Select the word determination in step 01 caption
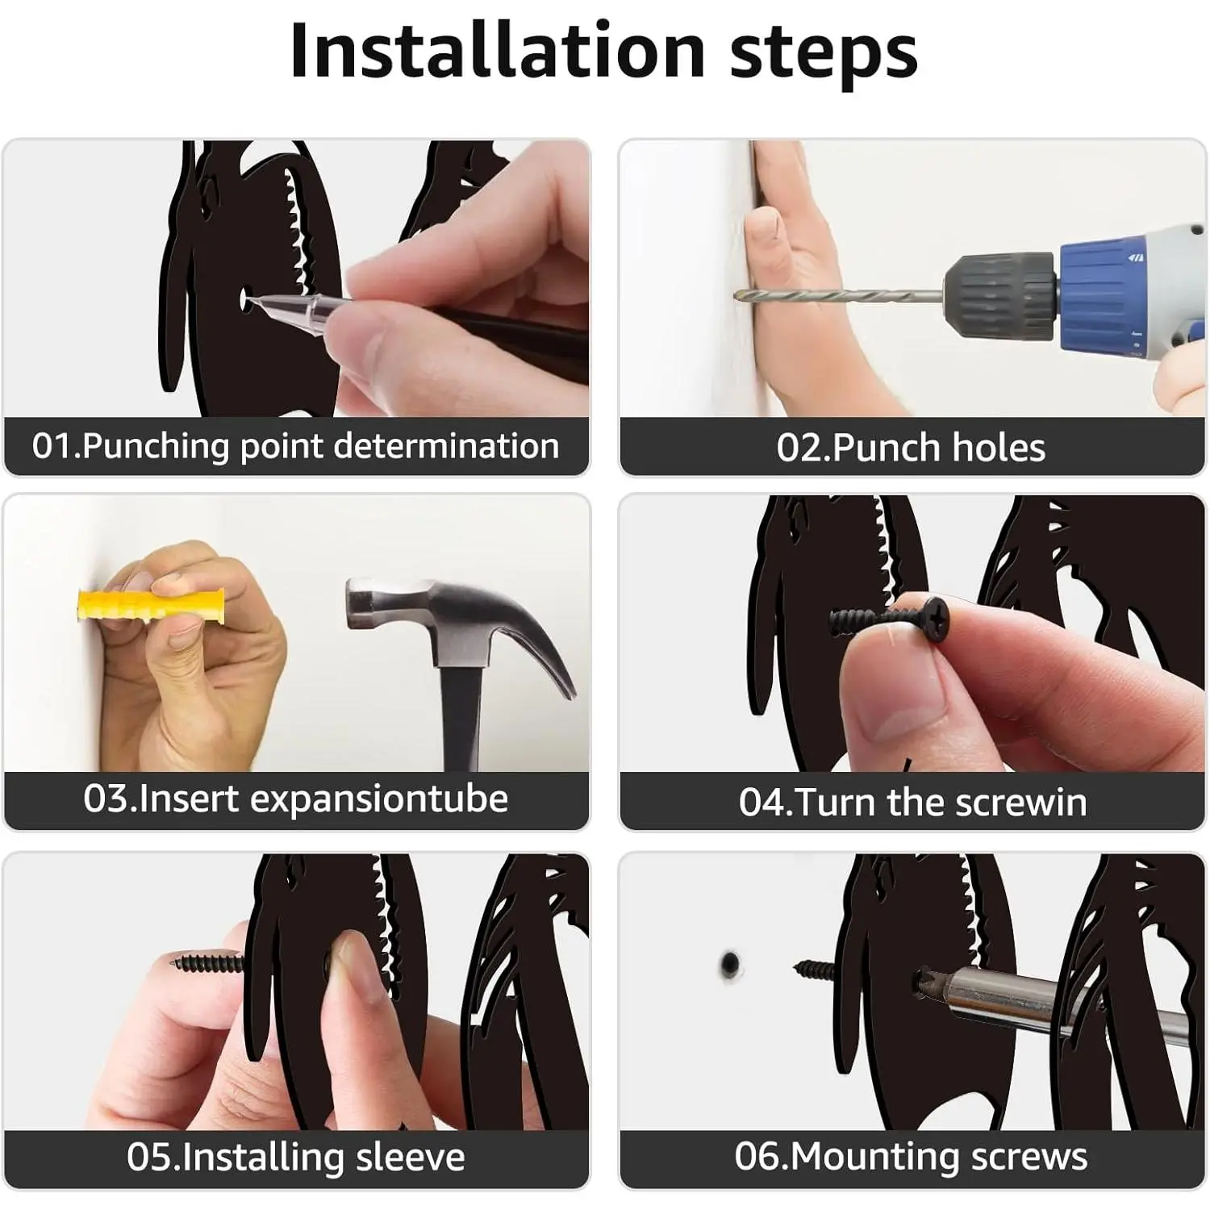446,446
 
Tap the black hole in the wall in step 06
730,963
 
